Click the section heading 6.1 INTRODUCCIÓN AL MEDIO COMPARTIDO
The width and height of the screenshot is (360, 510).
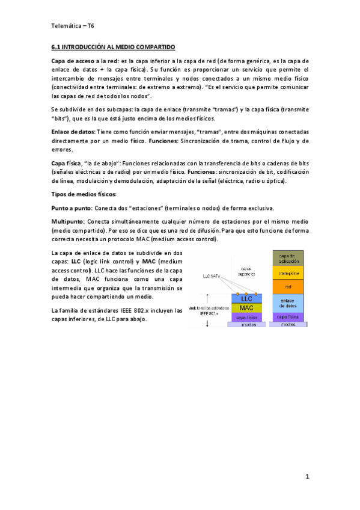coord(112,46)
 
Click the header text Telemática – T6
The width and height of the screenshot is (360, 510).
coord(73,26)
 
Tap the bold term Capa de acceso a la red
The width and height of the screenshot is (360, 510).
coord(85,61)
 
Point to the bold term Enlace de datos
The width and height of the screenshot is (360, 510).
coord(73,132)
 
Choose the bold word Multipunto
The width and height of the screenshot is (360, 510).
coord(69,222)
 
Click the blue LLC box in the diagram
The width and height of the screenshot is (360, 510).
coord(246,298)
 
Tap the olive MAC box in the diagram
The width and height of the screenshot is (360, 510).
coord(246,308)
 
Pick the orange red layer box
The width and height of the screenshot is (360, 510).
coord(288,287)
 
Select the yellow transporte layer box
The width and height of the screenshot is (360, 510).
coord(288,272)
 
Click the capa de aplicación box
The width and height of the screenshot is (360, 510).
coord(288,258)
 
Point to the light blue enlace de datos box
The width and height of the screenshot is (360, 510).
coord(288,303)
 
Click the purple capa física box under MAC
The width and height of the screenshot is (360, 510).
coord(246,317)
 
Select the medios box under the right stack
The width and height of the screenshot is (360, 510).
coord(288,325)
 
